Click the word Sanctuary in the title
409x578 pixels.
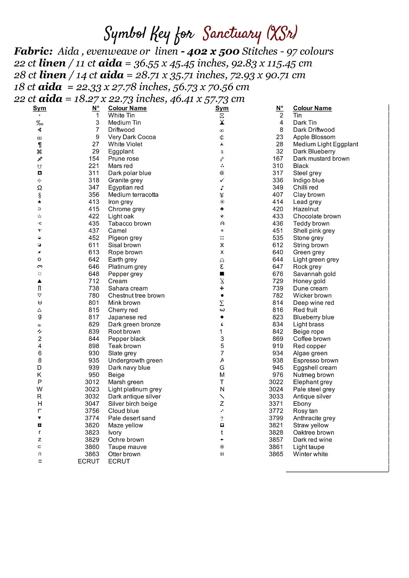click(x=232, y=34)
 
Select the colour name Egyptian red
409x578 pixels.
click(x=126, y=187)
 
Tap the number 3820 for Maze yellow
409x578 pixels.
click(x=92, y=425)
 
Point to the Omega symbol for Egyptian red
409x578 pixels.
click(x=40, y=188)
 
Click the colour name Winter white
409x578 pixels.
click(x=310, y=454)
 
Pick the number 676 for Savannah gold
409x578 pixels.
click(x=278, y=274)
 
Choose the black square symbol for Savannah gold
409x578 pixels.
click(x=222, y=274)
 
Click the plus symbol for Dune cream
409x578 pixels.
click(x=222, y=288)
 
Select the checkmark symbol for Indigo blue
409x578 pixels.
click(x=222, y=180)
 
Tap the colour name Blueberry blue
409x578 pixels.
click(x=313, y=317)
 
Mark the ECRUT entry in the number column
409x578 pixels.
click(x=88, y=461)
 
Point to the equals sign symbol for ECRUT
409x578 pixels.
click(x=40, y=461)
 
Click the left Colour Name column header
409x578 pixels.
click(x=127, y=108)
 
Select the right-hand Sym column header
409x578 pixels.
click(x=222, y=108)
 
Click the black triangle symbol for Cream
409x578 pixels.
click(x=40, y=281)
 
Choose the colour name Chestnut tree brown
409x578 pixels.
click(x=136, y=296)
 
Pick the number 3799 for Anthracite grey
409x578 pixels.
click(x=276, y=418)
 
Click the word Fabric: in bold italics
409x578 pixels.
click(x=33, y=51)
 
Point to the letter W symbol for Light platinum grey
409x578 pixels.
click(x=40, y=389)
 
